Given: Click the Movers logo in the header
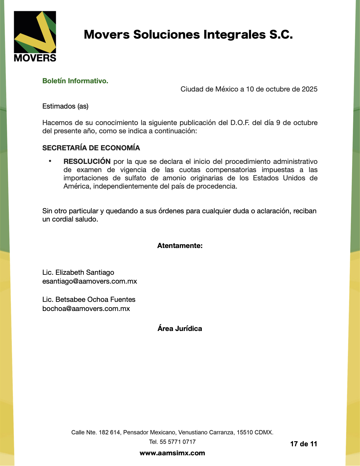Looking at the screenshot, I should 35,36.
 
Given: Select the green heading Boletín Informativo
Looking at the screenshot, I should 75,81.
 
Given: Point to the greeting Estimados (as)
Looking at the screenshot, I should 65,106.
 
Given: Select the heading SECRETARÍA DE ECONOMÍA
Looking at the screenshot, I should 91,148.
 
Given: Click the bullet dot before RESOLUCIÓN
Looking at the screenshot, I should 50,161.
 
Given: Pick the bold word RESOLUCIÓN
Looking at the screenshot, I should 87,162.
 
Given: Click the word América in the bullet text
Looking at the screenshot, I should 77,186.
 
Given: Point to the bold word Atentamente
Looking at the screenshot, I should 180,246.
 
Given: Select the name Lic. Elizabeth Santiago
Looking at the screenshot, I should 78,272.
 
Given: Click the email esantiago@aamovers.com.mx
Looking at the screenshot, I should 90,281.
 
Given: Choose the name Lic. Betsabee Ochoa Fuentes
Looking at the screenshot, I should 89,299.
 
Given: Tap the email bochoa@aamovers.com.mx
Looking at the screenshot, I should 86,309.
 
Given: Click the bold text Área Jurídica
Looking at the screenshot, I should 180,329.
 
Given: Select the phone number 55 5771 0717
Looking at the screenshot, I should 178,442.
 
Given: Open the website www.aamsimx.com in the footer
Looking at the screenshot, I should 172,453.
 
